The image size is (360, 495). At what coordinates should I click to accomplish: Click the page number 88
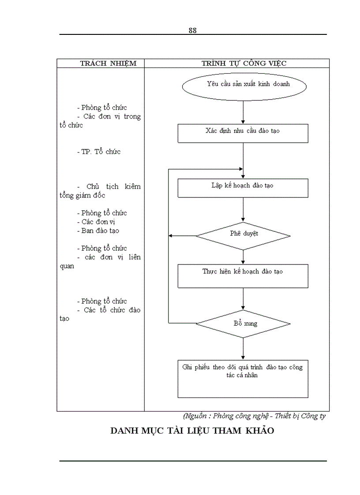point(192,30)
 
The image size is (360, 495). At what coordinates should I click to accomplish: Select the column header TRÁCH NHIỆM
point(108,63)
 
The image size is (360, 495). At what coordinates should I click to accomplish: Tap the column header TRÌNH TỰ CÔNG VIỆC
point(244,63)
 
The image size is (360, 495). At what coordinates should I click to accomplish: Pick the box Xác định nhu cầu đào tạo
point(243,133)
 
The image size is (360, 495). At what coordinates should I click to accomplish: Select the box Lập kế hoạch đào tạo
point(243,187)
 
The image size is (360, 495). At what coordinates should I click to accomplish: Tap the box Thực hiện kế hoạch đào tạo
point(243,275)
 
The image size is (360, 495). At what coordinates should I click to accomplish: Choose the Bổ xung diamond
point(243,324)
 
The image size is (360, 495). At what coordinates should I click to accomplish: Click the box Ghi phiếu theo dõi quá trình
point(243,378)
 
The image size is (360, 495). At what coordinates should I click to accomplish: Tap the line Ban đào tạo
point(100,231)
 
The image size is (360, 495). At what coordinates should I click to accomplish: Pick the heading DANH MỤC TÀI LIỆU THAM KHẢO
point(192,431)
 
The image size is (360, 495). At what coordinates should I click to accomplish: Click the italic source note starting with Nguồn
point(254,416)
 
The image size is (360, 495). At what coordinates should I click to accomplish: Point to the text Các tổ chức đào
point(112,310)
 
